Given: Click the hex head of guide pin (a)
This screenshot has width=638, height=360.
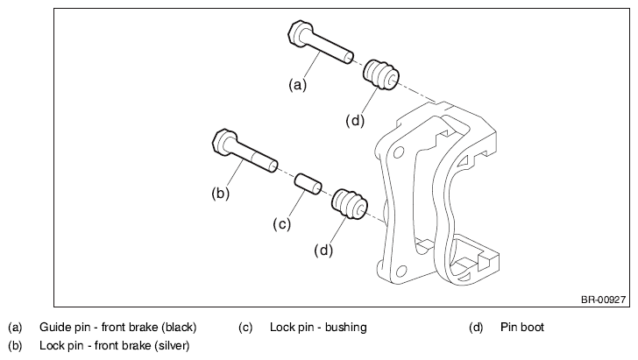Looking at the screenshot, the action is click(x=300, y=33).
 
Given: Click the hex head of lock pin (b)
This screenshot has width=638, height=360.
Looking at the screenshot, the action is click(x=224, y=143).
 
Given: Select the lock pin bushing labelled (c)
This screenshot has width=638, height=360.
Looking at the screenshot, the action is click(x=308, y=184).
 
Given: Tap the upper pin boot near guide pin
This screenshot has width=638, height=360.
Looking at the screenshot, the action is click(x=381, y=74).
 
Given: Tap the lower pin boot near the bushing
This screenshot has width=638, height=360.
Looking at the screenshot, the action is click(x=350, y=204).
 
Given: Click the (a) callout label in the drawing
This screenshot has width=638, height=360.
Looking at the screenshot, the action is click(x=297, y=85).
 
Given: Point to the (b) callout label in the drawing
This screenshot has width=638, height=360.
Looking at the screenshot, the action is click(x=221, y=194).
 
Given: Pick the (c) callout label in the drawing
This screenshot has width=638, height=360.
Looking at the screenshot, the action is click(x=281, y=224).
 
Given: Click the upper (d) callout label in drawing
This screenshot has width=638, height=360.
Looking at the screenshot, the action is click(x=355, y=121).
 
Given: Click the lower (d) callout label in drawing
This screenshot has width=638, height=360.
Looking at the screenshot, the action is click(x=323, y=251).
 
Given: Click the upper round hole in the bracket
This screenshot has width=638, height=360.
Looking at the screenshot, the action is click(x=399, y=152).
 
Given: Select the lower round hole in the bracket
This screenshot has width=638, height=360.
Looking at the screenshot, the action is click(x=401, y=272).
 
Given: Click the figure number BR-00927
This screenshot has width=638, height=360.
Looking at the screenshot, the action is click(x=603, y=300).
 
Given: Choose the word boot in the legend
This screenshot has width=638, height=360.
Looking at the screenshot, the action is click(x=534, y=327).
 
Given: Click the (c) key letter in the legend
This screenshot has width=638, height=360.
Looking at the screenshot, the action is click(x=245, y=328).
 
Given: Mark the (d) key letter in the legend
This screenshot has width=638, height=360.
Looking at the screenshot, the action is click(x=476, y=328).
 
